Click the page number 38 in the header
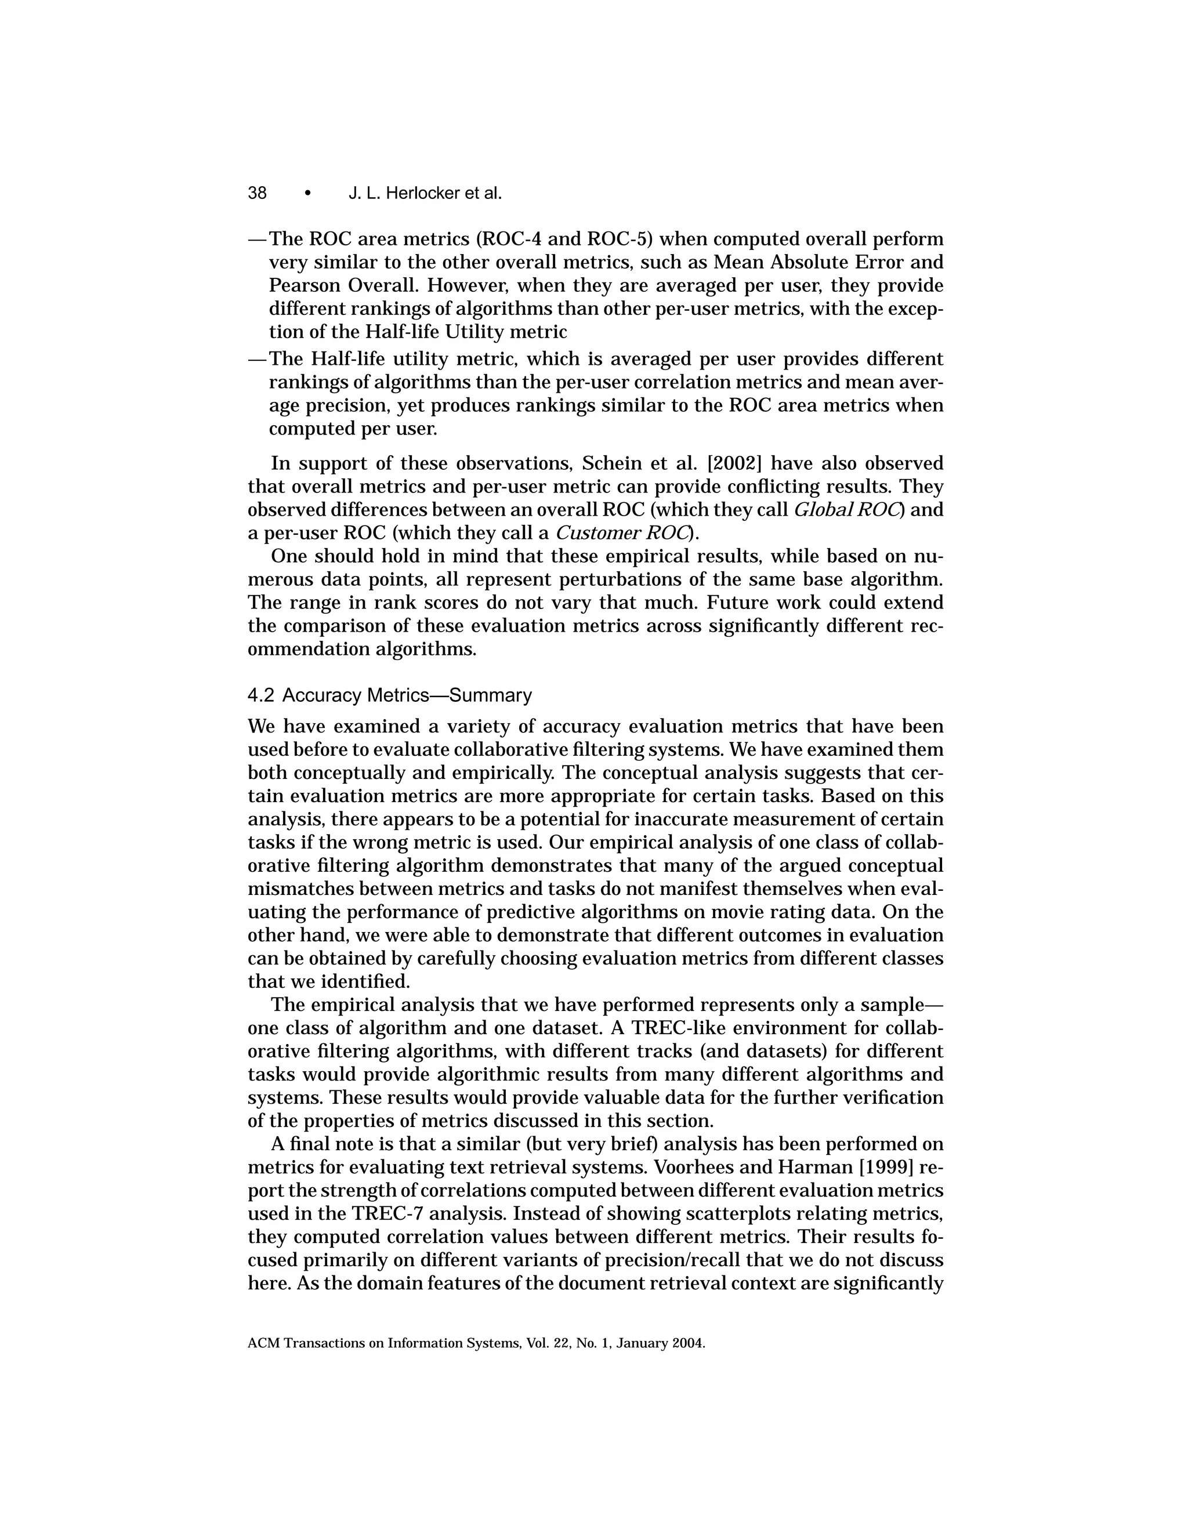pyautogui.click(x=257, y=193)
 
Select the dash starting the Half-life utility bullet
pyautogui.click(x=258, y=360)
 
